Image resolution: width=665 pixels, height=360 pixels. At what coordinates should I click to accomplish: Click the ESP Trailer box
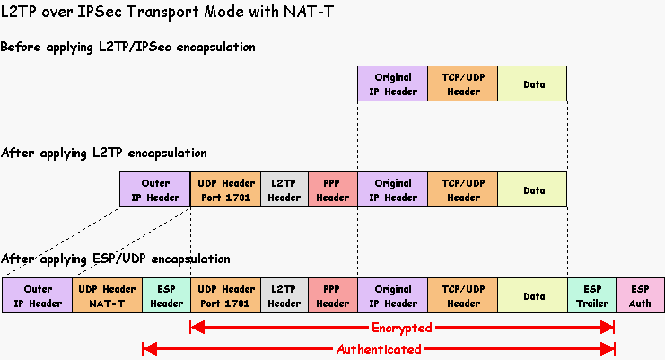(x=591, y=295)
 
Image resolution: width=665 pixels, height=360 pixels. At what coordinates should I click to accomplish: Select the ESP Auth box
(x=640, y=295)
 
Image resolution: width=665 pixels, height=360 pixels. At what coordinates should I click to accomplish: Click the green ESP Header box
(x=166, y=295)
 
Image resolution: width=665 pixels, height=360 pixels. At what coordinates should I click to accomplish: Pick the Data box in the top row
(x=533, y=83)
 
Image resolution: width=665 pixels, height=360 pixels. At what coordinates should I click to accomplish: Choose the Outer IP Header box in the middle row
(x=154, y=189)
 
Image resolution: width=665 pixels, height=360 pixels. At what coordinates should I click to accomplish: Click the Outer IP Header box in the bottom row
(x=38, y=295)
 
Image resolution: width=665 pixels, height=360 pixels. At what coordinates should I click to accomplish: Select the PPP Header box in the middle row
(x=332, y=189)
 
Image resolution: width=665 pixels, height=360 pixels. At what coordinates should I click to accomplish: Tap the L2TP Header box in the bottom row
(x=284, y=295)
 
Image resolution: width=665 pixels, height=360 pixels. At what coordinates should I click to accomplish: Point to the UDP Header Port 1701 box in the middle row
(x=225, y=189)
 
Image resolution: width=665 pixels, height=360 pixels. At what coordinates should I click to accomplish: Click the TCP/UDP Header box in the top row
(x=463, y=83)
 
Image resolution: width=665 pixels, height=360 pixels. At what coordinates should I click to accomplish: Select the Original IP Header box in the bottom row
(x=392, y=295)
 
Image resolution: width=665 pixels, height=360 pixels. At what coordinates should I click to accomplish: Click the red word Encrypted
(x=401, y=328)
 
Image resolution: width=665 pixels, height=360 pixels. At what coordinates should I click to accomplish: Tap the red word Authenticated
(x=379, y=348)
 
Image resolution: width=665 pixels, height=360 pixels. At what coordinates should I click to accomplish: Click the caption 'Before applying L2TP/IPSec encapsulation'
(x=128, y=47)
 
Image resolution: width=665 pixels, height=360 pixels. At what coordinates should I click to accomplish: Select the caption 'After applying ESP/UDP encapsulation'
(x=116, y=259)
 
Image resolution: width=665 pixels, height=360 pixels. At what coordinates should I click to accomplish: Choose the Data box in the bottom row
(x=533, y=295)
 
